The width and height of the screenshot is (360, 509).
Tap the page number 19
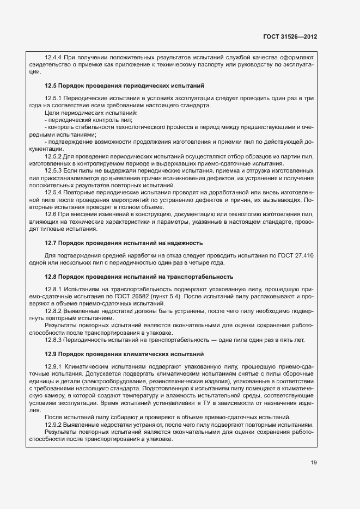coord(314,463)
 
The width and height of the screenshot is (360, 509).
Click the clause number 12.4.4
coord(54,57)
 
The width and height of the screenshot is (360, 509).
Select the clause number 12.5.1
coord(54,98)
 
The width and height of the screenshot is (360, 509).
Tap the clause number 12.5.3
coord(54,171)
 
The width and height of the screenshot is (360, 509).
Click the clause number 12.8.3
coord(54,340)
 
